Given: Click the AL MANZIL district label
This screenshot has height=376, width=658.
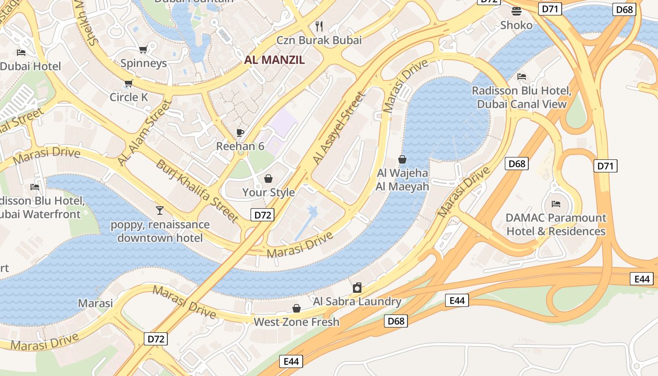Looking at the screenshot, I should coord(274,60).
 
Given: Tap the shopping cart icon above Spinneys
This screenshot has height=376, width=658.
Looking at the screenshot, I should coord(143,49).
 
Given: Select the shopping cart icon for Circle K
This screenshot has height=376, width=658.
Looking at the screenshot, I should coord(128,84).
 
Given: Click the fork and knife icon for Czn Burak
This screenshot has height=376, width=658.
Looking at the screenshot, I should coord(319,26).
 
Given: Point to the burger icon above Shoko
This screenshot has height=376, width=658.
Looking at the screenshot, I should coord(516,11).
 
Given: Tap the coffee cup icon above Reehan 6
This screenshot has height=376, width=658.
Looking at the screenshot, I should coord(240,133).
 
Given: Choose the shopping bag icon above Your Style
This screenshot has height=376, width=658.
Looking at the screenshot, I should coord(268,179).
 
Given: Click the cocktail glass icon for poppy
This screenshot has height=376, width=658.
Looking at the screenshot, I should coord(160,210).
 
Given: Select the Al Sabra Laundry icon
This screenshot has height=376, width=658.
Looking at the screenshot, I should coord(357,288).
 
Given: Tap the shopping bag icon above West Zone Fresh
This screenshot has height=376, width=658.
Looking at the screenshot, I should coord(297,308).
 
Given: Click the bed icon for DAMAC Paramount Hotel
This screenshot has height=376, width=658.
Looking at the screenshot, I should coord(556,204).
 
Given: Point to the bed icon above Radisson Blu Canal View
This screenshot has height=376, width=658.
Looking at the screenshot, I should coord(522,76).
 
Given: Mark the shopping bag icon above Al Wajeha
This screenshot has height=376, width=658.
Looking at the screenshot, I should coord(402,159).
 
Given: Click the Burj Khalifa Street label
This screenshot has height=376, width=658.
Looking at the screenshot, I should coord(197,190).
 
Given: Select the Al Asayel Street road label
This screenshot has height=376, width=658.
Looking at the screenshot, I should coord(339,128).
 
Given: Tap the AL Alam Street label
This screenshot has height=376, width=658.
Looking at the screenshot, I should coord(143,133).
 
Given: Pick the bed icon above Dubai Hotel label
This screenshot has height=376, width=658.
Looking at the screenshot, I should coord(21,52).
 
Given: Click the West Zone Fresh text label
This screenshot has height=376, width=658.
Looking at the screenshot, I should coord(297,322).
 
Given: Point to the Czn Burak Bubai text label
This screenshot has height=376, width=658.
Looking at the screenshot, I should coord(319,40).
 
